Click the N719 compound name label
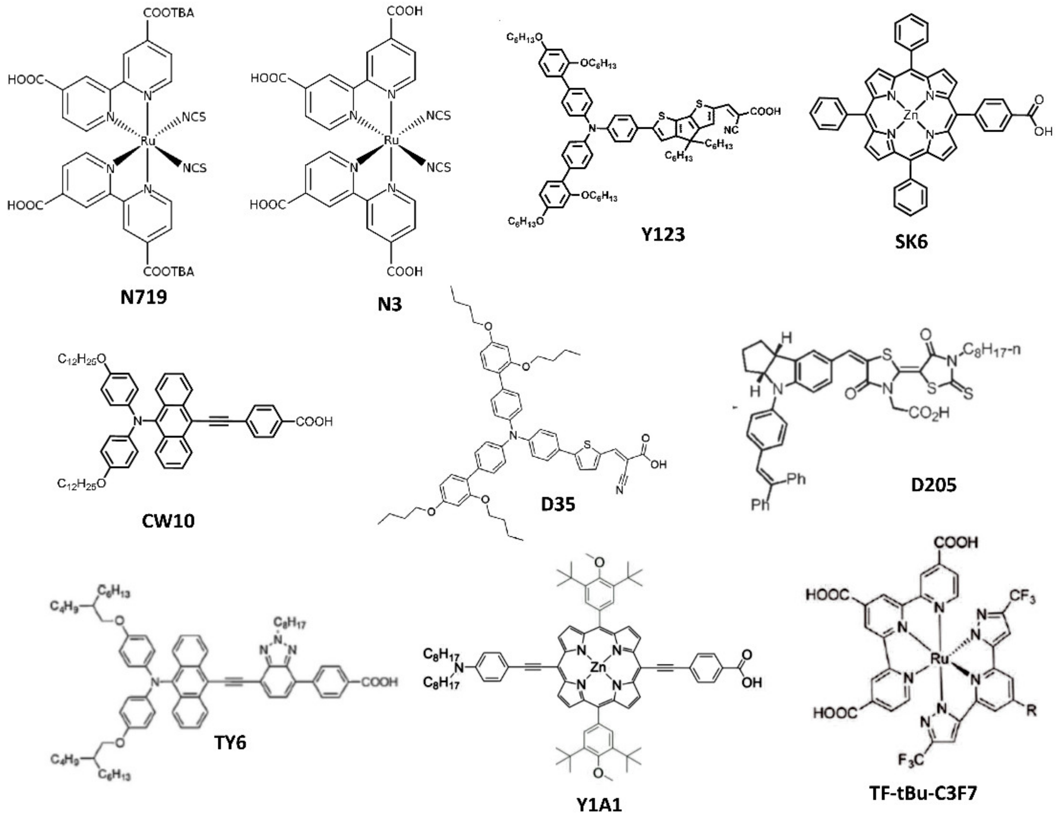(x=143, y=297)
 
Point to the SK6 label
(x=911, y=241)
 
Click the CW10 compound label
(x=168, y=521)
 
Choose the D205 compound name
(x=933, y=484)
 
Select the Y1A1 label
(x=599, y=805)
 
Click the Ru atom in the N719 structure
(x=148, y=141)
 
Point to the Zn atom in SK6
(x=911, y=115)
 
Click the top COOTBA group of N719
(x=169, y=13)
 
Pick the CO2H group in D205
(x=928, y=413)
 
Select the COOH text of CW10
(x=314, y=421)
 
